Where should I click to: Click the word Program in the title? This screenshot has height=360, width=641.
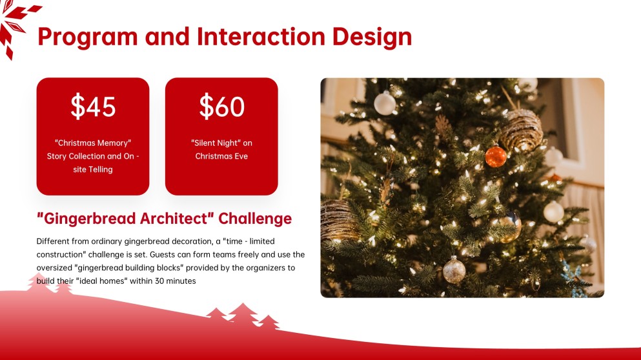tap(88, 37)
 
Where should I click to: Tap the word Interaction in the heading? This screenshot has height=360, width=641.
tap(261, 36)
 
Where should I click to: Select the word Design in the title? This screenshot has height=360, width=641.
tap(372, 37)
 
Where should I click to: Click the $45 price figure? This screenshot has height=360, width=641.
tap(93, 106)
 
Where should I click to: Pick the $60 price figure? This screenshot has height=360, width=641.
tap(221, 106)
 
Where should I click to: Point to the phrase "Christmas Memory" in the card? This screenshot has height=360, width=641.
tap(93, 143)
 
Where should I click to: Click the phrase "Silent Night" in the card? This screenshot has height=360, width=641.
tap(215, 143)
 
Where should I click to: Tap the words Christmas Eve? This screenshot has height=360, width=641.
tap(221, 156)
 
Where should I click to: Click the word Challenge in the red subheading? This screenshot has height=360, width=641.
tap(255, 219)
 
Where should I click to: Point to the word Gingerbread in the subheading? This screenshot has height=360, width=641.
tap(90, 219)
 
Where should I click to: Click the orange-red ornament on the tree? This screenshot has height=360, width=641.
tap(496, 157)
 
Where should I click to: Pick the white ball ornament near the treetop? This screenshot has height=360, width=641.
tap(385, 103)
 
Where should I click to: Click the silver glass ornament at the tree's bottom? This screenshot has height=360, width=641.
tap(454, 270)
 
